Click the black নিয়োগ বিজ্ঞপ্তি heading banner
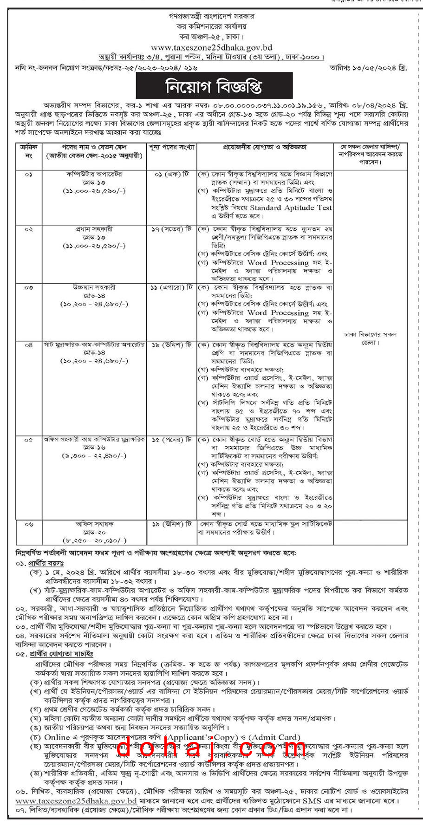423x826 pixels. pos(214,86)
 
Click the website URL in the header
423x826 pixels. pos(211,47)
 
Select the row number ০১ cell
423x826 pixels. pos(29,174)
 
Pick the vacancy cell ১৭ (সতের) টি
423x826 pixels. pos(171,229)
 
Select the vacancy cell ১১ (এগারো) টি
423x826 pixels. pos(171,287)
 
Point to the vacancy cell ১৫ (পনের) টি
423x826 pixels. pos(171,439)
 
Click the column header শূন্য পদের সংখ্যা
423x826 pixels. pos(171,147)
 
